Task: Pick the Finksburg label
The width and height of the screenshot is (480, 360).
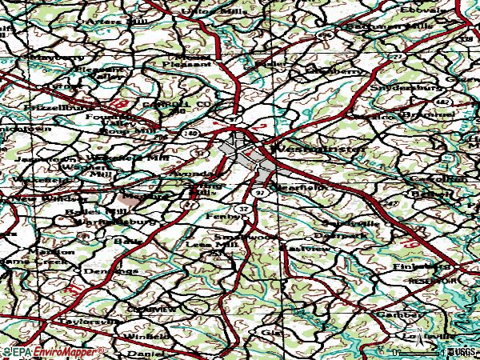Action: click(x=416, y=266)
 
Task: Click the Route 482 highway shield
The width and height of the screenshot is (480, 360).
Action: click(x=443, y=103)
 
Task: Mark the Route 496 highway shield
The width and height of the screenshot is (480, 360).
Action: click(x=324, y=36)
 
